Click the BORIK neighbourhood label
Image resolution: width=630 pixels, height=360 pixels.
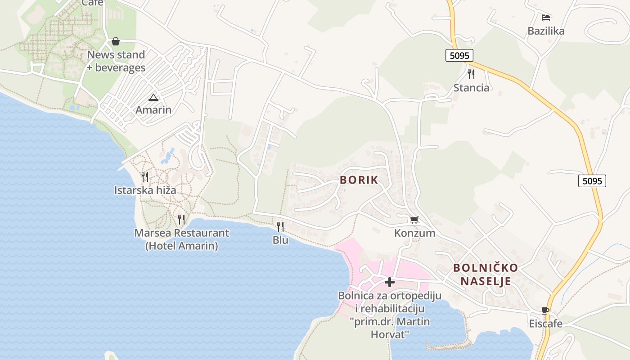pos(359,180)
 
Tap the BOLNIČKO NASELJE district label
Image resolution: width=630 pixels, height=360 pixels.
pos(485,274)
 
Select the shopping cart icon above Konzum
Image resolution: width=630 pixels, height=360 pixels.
pos(414,220)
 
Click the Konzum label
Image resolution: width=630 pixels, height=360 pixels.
pos(414,233)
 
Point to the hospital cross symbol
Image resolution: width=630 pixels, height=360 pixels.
pos(390,282)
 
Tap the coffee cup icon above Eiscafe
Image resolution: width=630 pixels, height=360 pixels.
pos(545,310)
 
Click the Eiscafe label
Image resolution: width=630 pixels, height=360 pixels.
pos(545,324)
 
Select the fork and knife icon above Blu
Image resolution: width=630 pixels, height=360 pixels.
pos(280,226)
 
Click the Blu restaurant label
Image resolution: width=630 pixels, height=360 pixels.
pos(280,240)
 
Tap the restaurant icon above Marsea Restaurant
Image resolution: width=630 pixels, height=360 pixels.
pos(181,219)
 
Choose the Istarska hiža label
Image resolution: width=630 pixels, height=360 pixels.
pos(145,190)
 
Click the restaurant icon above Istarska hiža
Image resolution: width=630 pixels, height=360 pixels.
pos(145,176)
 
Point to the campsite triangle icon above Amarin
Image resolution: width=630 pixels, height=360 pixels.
pos(153,97)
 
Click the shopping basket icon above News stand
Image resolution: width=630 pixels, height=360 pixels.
pos(116,41)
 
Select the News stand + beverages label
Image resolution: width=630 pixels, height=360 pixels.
pos(116,61)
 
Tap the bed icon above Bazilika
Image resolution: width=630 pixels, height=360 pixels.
pos(546,18)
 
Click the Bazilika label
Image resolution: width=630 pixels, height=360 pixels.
pos(546,31)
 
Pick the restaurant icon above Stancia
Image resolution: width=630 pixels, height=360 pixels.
pos(471,74)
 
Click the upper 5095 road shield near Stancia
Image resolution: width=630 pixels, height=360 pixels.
pos(459,55)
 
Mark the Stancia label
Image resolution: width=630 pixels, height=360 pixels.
pos(471,88)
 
